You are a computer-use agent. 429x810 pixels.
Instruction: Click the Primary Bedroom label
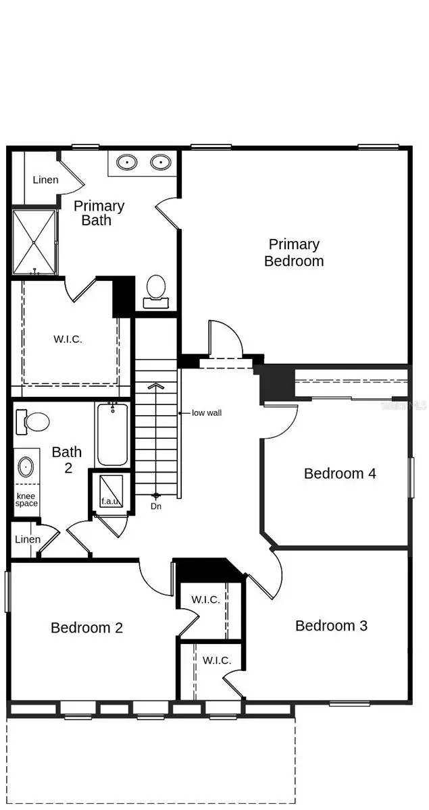pos(294,252)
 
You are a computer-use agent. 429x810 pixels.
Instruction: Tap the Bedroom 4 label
pos(340,473)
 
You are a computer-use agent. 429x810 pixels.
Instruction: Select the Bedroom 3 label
pos(331,626)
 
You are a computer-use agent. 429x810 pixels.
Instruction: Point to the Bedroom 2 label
pos(87,628)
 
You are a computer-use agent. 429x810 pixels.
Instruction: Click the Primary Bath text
pos(99,213)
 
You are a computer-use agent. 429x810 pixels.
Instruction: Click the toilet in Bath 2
pos(32,422)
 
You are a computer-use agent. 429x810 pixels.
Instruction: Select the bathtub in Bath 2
pos(113,434)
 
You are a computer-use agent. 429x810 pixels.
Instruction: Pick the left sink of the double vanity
pos(127,161)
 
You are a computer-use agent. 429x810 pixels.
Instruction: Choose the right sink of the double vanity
pos(161,161)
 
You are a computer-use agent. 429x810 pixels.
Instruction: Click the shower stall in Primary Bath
pos(34,242)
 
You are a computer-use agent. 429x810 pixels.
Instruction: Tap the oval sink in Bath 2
pos(26,467)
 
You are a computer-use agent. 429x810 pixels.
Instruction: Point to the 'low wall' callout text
pos(207,413)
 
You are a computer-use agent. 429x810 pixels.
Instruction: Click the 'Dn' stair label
pos(156,506)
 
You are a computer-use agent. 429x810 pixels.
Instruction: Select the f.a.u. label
pos(110,501)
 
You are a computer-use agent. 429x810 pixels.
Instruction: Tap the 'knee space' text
pos(26,500)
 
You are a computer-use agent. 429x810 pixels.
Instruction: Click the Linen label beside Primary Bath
pos(46,180)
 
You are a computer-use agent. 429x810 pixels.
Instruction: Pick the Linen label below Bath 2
pos(28,539)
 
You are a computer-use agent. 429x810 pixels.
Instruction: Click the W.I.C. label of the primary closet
pos(68,339)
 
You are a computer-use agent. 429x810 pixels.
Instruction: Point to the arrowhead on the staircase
pos(156,386)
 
